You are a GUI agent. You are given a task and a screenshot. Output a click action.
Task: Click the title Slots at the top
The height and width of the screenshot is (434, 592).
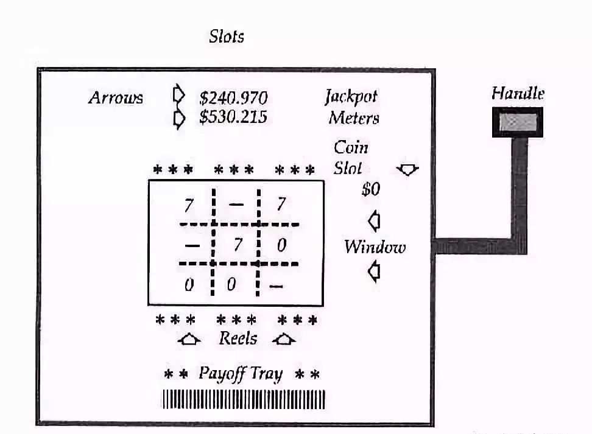click(227, 37)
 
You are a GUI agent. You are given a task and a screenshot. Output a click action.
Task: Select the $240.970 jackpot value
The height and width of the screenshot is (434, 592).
click(233, 98)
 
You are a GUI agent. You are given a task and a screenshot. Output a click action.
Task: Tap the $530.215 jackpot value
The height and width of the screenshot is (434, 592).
click(233, 117)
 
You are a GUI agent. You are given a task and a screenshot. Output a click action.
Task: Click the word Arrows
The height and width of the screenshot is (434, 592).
click(116, 98)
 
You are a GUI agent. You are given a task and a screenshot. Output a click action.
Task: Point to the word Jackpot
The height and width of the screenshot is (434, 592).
click(351, 97)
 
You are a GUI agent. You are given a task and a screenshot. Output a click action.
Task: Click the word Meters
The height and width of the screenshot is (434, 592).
click(354, 117)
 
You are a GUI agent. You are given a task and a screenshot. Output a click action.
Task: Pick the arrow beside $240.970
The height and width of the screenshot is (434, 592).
click(178, 94)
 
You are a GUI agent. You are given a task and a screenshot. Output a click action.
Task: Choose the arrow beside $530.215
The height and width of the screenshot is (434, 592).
click(179, 119)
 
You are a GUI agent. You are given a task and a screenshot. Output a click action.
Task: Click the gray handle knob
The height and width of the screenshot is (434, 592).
click(518, 122)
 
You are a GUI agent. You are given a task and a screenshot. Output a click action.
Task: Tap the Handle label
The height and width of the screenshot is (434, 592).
click(518, 93)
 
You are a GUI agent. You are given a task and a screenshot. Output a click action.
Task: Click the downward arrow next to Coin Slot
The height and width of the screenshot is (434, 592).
click(407, 169)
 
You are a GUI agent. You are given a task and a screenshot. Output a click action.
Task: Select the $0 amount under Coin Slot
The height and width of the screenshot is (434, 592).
click(371, 189)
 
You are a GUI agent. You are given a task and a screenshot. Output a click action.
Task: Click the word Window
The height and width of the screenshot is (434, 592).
click(375, 247)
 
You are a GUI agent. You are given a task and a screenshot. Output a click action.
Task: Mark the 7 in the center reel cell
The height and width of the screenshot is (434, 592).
click(238, 245)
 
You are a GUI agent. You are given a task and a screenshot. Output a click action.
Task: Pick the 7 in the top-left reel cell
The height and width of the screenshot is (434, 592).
click(189, 205)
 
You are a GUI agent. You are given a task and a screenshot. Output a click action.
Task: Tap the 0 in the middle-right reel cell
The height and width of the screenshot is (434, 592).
click(281, 245)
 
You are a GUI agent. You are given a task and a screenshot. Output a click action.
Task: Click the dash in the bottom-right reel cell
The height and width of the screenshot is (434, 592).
click(276, 287)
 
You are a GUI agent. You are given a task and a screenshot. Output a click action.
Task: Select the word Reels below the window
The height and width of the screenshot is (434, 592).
click(238, 338)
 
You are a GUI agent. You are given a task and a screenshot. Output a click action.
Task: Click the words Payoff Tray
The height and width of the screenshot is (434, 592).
click(241, 374)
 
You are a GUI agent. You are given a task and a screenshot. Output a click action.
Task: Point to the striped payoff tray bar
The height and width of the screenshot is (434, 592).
click(244, 399)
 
